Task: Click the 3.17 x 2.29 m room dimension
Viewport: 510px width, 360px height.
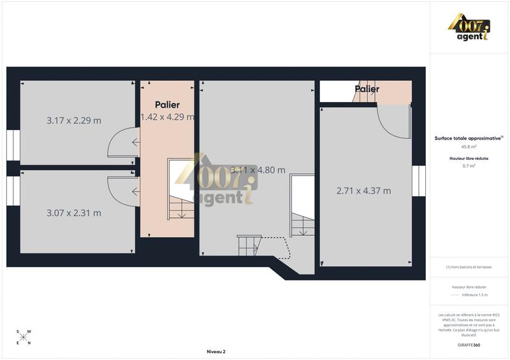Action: pyautogui.click(x=74, y=120)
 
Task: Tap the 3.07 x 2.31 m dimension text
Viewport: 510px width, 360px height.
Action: pyautogui.click(x=74, y=213)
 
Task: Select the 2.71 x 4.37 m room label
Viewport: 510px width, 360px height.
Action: pyautogui.click(x=363, y=190)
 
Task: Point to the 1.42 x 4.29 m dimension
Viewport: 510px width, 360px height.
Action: pyautogui.click(x=167, y=117)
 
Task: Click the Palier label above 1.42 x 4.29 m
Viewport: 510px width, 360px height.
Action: pyautogui.click(x=167, y=104)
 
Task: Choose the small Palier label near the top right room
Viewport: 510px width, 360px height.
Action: pyautogui.click(x=367, y=89)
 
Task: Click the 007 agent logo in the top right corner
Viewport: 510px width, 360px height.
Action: pyautogui.click(x=470, y=27)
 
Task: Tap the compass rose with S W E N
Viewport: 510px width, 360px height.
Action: pyautogui.click(x=24, y=337)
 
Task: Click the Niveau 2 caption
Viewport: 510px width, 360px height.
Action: pyautogui.click(x=216, y=351)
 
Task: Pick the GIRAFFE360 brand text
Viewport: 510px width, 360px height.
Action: pyautogui.click(x=469, y=345)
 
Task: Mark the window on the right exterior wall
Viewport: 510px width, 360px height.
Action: pyautogui.click(x=419, y=181)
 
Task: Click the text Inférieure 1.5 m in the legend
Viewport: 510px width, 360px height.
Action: pyautogui.click(x=475, y=295)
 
